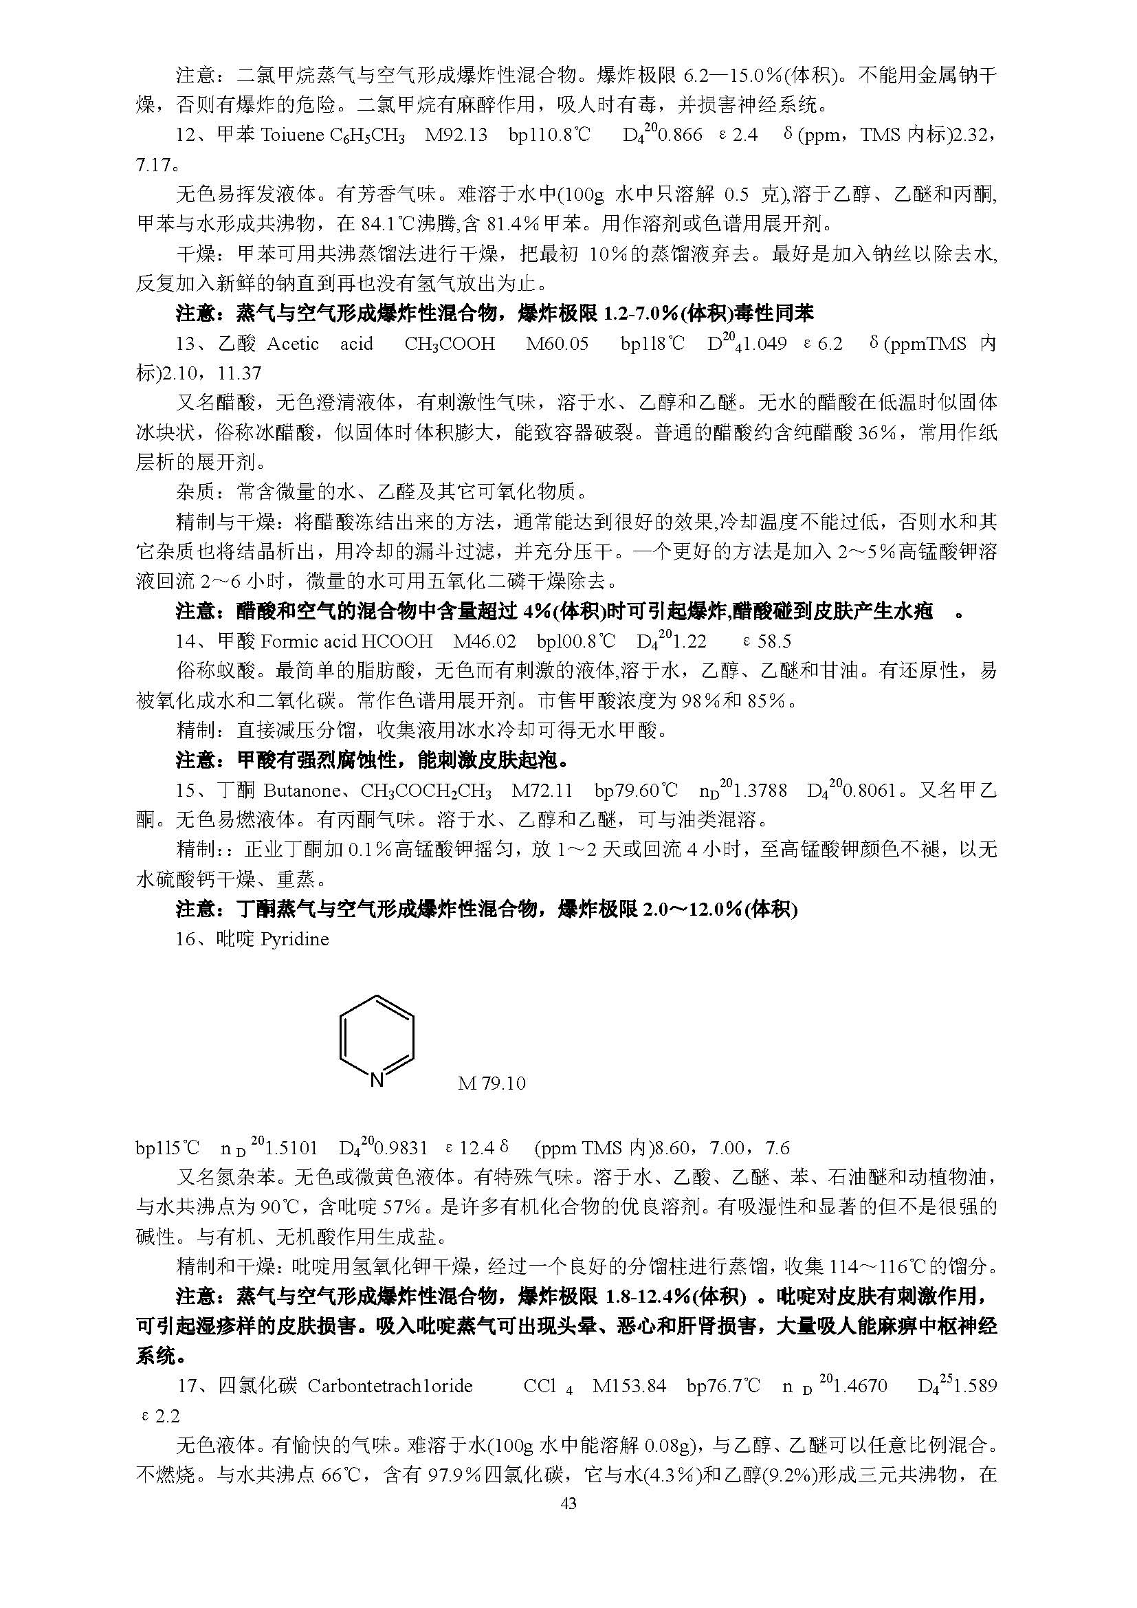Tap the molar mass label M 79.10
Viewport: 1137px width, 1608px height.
point(492,1083)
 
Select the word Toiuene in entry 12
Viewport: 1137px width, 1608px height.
point(291,135)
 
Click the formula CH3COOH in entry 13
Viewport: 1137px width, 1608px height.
point(450,344)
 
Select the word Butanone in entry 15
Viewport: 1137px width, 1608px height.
point(301,791)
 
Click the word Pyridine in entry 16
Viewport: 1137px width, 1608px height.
point(294,939)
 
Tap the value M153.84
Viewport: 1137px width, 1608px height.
point(629,1385)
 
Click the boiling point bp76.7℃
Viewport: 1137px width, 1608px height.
point(722,1385)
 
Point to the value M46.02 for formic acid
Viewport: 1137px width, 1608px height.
point(485,641)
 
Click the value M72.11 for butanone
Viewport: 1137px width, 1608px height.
point(542,791)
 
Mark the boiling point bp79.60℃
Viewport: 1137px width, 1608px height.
point(636,791)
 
